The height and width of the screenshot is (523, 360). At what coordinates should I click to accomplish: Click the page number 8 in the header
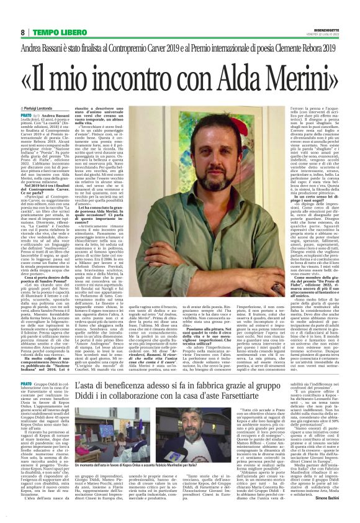click(22, 32)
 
